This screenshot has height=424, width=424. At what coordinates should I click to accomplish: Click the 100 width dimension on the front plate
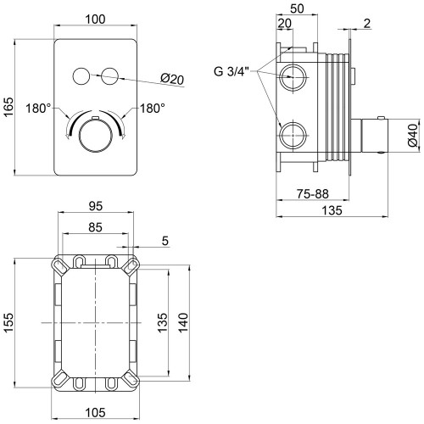95,20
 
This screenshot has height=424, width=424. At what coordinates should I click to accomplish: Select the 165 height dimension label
8,107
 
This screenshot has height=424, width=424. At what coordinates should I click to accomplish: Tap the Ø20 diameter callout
172,79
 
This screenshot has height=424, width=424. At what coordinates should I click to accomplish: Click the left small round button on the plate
81,76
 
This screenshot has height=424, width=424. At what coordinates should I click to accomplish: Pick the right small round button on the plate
109,76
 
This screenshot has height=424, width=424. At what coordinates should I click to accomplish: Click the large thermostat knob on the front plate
96,136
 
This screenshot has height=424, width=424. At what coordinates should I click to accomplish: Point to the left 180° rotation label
38,109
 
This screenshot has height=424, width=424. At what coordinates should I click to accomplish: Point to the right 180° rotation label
153,109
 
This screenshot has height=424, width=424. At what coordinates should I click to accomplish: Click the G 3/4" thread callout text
232,72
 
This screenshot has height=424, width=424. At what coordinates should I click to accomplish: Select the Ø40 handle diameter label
413,135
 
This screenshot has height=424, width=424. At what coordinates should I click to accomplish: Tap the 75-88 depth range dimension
313,194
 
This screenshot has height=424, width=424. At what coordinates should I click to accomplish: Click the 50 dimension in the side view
297,8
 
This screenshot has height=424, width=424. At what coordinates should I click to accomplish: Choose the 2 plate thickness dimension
367,24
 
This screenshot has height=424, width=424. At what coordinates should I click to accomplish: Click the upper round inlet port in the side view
293,77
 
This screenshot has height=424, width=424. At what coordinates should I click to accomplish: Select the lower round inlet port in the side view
293,136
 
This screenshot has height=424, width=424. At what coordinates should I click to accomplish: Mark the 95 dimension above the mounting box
96,206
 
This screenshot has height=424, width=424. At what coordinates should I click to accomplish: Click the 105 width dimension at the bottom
95,412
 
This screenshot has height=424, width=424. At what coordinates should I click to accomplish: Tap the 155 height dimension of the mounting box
8,322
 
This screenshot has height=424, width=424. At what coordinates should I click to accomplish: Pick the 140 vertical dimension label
183,322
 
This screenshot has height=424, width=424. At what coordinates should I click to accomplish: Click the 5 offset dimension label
165,241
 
